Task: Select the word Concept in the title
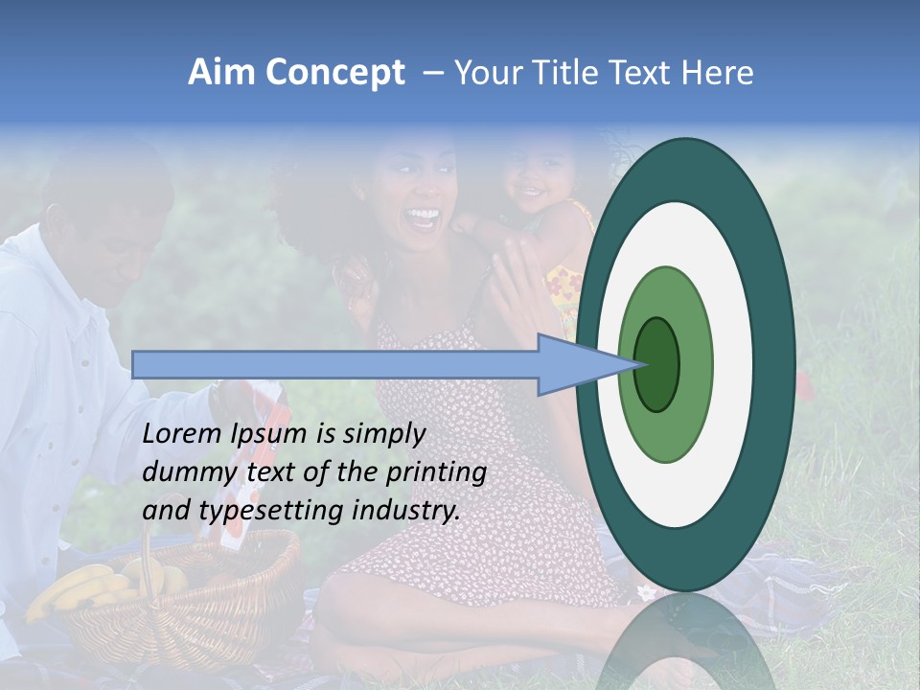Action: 335,74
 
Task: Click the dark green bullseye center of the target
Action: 657,364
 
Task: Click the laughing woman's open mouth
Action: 423,217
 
